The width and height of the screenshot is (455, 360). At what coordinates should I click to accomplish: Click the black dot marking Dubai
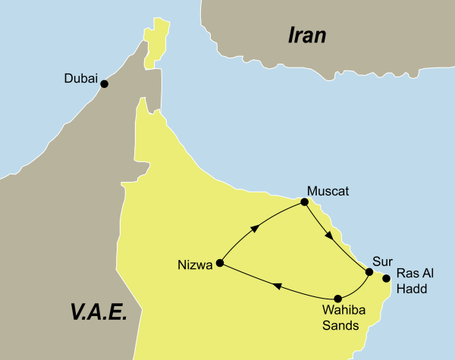pos(105,83)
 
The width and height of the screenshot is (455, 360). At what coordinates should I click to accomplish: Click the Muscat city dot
pos(304,202)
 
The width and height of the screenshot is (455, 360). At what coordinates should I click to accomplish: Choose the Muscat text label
pos(328,191)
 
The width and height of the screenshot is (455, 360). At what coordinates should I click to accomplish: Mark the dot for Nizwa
pos(220,263)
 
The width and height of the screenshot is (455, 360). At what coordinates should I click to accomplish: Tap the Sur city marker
pos(369,271)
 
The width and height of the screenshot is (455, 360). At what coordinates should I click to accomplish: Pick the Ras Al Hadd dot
pos(387,278)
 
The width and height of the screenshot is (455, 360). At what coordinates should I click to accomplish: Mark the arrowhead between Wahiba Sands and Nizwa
pos(277,286)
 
